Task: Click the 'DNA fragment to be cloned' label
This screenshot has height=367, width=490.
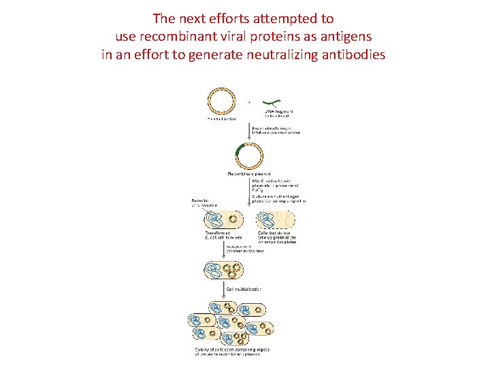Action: (x=278, y=113)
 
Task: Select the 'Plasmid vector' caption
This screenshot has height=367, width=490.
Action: (x=220, y=118)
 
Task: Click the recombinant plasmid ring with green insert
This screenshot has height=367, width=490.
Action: (x=249, y=157)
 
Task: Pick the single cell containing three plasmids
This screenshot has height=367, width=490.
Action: (x=224, y=270)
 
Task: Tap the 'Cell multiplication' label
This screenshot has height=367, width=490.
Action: (x=248, y=289)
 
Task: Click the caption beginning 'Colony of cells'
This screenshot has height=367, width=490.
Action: (x=232, y=351)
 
